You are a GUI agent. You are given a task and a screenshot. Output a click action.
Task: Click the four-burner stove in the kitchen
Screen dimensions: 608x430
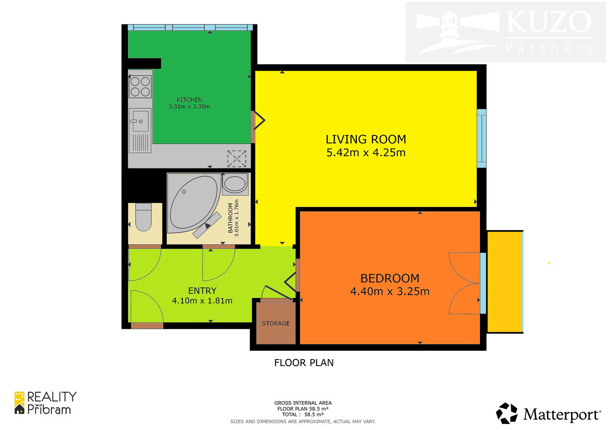tap(140, 87)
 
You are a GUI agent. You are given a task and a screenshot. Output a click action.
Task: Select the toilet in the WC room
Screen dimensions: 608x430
tap(143, 217)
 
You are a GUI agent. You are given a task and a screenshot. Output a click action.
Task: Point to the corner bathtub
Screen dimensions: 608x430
tap(194, 203)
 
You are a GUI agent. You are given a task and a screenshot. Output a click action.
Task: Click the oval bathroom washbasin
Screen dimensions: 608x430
tap(235, 184)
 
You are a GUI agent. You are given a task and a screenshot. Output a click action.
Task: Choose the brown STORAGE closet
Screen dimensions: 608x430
tap(276, 323)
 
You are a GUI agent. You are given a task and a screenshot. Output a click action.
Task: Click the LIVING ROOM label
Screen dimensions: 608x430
tap(366, 140)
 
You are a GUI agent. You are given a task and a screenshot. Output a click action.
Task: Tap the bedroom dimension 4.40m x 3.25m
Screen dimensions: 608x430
tap(390, 292)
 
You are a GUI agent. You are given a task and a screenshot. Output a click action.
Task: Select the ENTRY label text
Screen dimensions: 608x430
tap(202, 290)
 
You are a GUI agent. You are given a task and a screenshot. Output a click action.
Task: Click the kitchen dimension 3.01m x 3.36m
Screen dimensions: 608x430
tap(190, 106)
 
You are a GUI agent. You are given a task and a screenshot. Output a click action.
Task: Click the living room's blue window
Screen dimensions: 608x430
tap(481, 138)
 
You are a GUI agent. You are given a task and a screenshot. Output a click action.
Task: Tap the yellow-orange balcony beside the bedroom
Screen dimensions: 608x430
tap(505, 282)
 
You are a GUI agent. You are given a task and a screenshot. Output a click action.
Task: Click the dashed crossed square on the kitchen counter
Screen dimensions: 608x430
tap(237, 159)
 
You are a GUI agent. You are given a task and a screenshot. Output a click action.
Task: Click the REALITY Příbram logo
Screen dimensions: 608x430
tap(45, 403)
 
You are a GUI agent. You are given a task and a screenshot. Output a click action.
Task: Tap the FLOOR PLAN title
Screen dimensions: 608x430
tap(304, 363)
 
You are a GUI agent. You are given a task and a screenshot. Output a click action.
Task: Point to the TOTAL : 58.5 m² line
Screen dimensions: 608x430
tap(302, 414)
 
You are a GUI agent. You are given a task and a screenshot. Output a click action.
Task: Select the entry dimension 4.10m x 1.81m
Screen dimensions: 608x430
tap(202, 301)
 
